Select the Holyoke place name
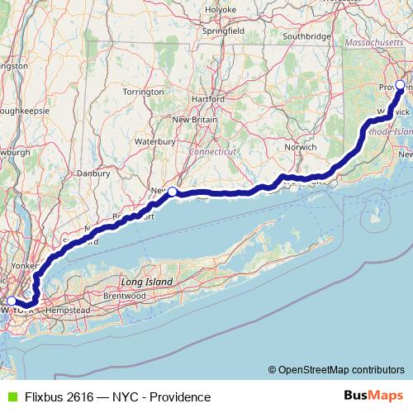point(221,9)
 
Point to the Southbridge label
point(306,36)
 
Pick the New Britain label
point(196,120)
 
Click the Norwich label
point(301,147)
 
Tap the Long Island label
point(147,282)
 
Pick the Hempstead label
point(69,309)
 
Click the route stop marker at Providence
point(401,85)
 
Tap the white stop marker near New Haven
point(173,192)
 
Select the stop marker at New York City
point(12,301)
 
